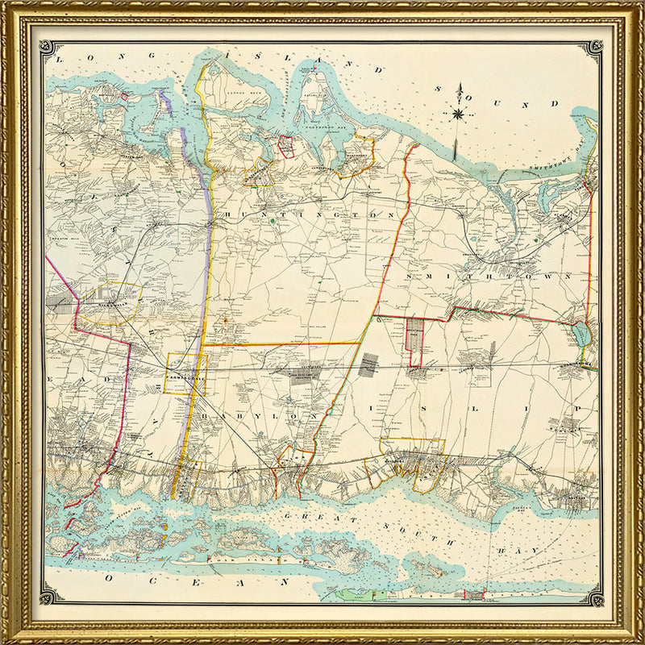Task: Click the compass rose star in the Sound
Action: coord(458,113)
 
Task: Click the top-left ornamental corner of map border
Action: coord(50,50)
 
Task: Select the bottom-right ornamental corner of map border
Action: coord(594,597)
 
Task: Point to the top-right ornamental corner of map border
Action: coord(594,50)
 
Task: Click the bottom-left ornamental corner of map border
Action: coord(50,597)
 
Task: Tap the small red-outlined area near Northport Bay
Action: coord(285,146)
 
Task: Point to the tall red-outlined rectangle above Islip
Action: coord(414,342)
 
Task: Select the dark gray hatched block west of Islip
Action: coord(368,365)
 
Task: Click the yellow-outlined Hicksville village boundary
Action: coord(109,303)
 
